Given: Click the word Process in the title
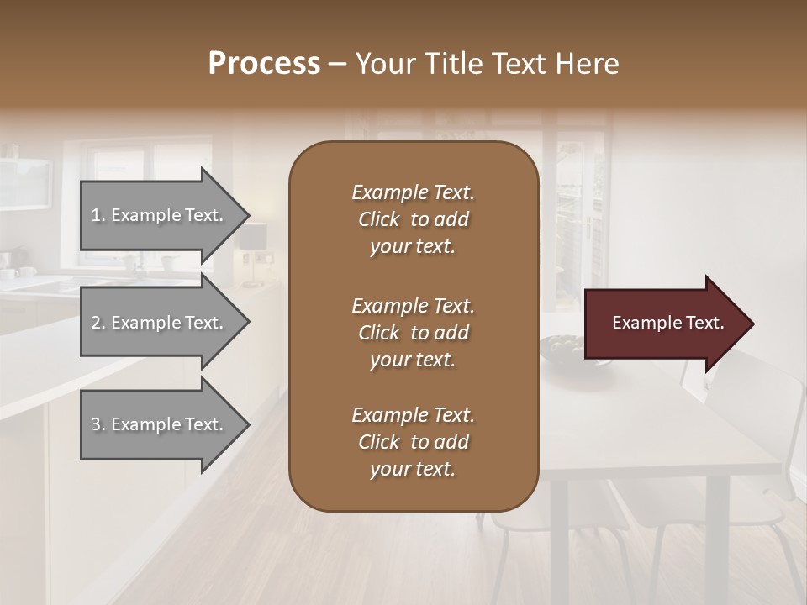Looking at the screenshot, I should point(264,64).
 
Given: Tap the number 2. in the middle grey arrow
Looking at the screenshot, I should point(98,323).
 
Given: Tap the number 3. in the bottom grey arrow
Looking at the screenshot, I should point(98,424).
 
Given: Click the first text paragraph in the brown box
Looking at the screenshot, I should point(413,219).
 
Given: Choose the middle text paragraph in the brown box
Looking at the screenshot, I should point(413,333).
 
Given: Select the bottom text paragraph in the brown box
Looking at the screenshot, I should point(413,442).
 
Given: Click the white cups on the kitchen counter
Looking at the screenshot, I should point(18,272).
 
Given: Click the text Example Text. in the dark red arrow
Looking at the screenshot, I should point(667,323).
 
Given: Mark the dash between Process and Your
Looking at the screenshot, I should point(338,65).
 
